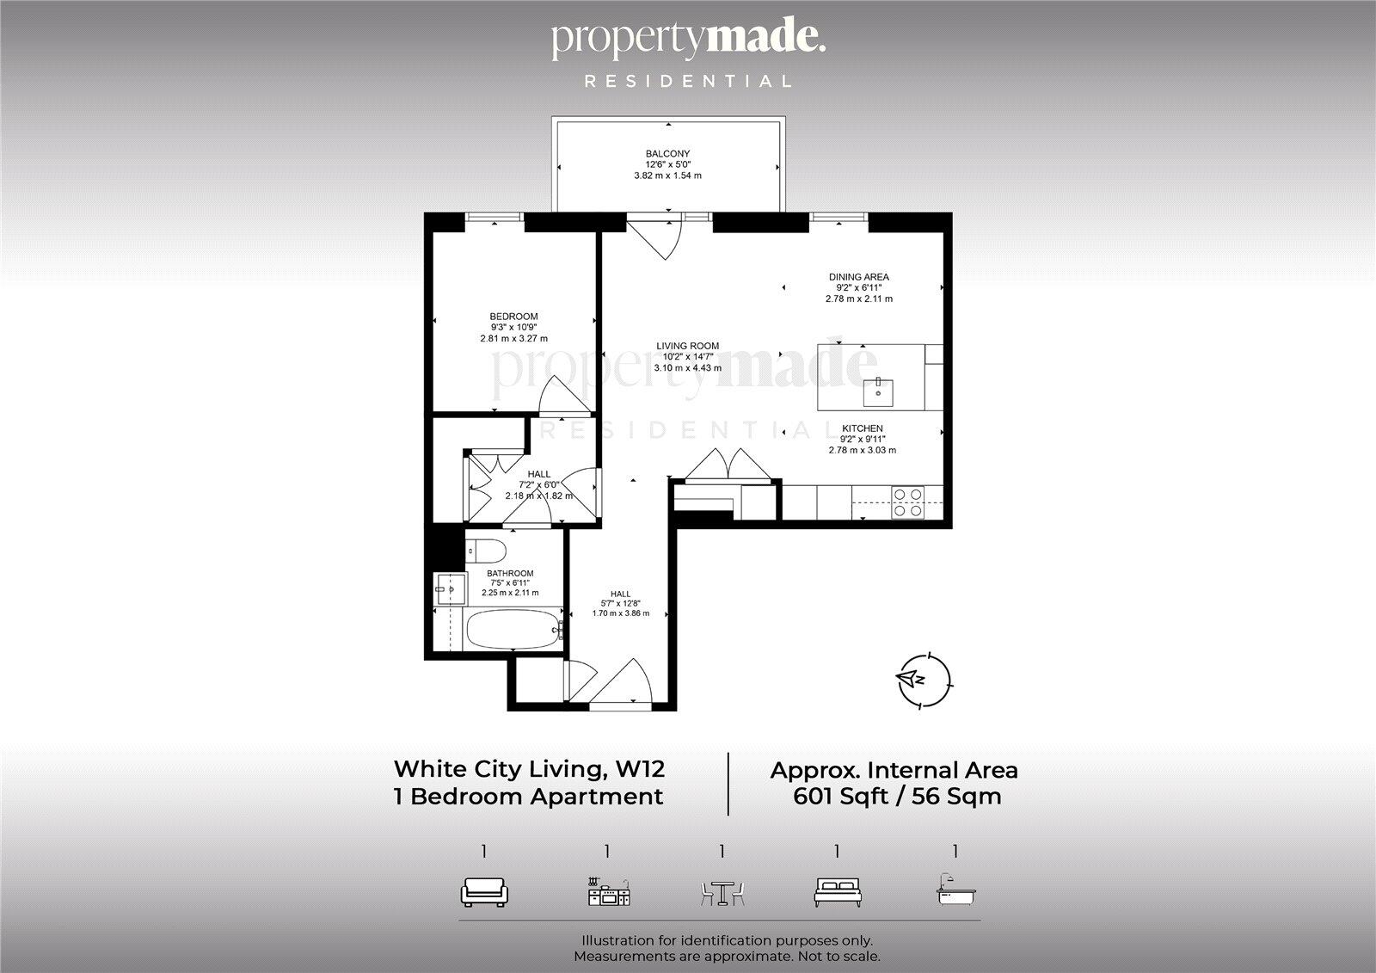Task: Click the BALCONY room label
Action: (x=667, y=154)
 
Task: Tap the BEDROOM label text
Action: (x=513, y=317)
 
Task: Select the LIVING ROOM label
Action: (x=687, y=346)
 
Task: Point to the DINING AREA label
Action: (x=858, y=277)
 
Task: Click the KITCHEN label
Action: (x=862, y=428)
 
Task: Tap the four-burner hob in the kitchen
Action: (x=908, y=502)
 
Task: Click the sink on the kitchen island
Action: (x=878, y=391)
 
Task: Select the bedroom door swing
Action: (x=564, y=397)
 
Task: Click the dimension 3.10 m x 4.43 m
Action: (x=687, y=368)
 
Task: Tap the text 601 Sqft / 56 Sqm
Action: (x=896, y=797)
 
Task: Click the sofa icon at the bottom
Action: (x=485, y=892)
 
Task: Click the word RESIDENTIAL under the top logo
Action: (x=688, y=82)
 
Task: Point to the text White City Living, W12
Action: (x=529, y=767)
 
